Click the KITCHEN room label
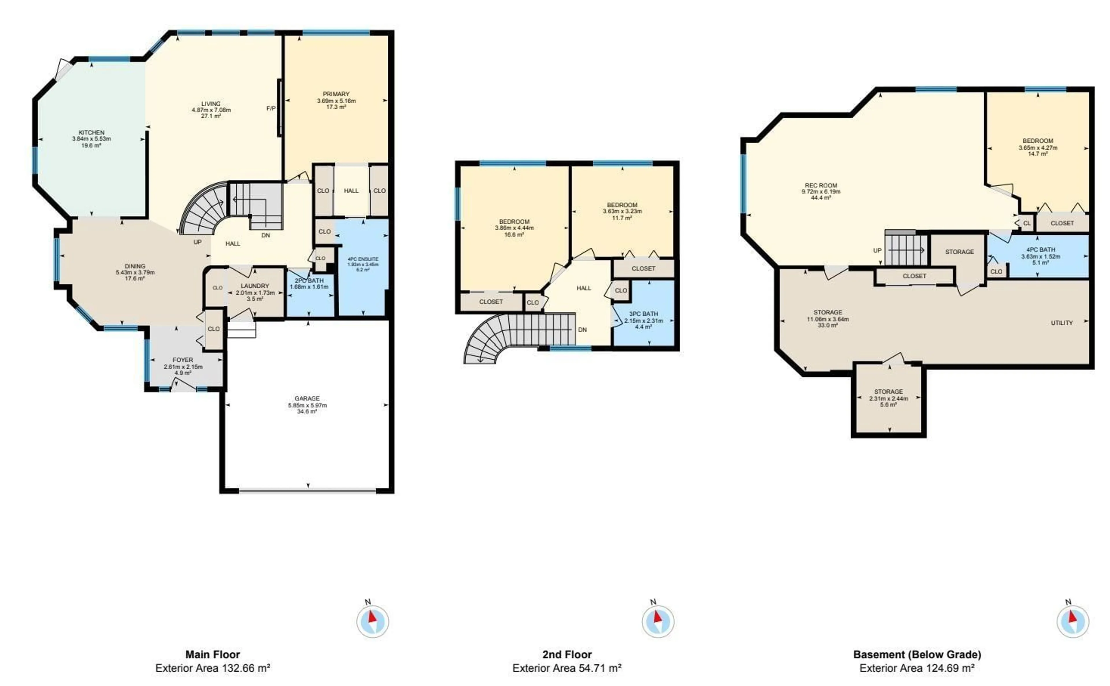click(x=91, y=133)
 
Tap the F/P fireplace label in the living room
click(x=271, y=108)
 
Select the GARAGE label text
click(x=307, y=398)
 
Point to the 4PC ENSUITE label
click(x=363, y=259)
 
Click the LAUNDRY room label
click(x=255, y=286)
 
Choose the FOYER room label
click(x=183, y=360)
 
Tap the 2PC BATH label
click(x=309, y=281)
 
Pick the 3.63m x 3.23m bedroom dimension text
click(x=622, y=211)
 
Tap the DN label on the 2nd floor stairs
click(x=582, y=330)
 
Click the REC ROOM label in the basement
click(x=821, y=185)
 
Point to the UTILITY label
click(x=1061, y=323)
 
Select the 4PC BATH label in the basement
click(x=1041, y=250)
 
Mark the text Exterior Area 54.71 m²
click(x=567, y=668)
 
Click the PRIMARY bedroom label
click(x=336, y=94)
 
